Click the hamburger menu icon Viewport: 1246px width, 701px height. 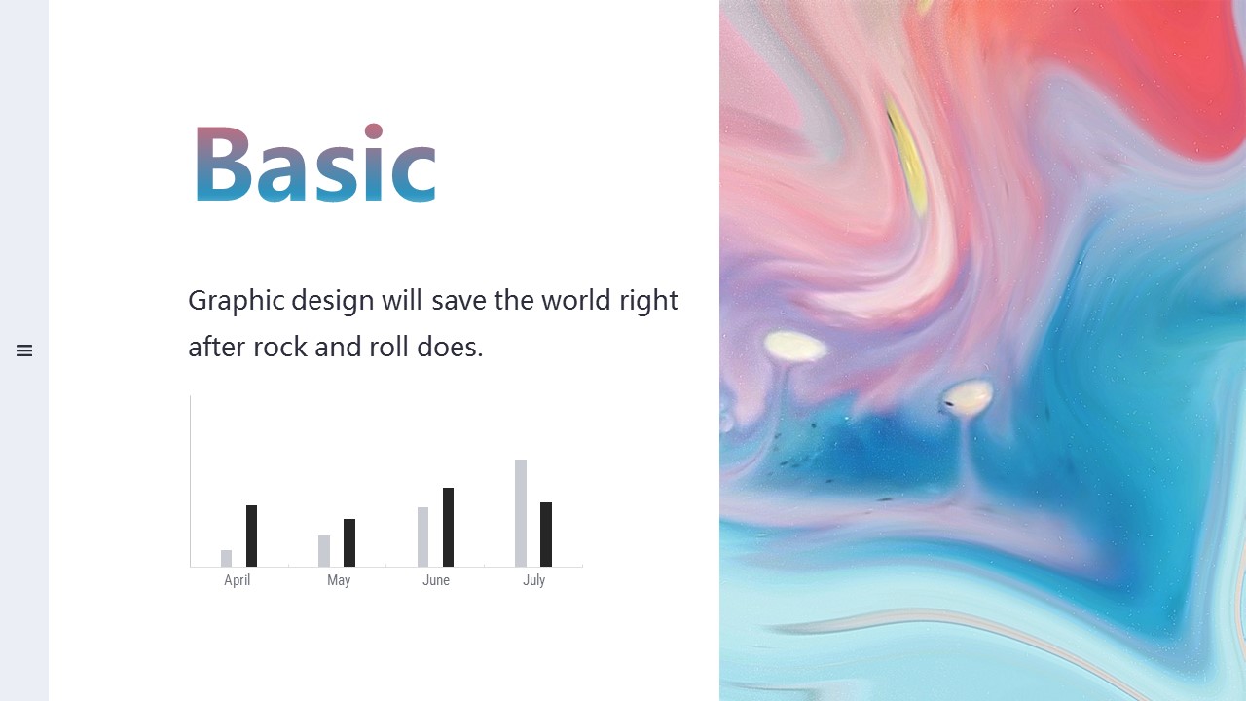[x=24, y=350]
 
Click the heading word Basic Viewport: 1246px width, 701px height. [x=314, y=163]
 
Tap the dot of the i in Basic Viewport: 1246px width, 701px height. [x=374, y=131]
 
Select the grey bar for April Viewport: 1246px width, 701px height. [x=227, y=558]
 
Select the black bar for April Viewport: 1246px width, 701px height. [x=251, y=535]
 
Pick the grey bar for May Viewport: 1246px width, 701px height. [x=324, y=551]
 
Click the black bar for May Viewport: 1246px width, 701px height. [x=349, y=542]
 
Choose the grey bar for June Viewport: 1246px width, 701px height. [x=422, y=536]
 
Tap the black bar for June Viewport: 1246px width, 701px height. [x=448, y=527]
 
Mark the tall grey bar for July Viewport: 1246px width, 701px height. [x=521, y=513]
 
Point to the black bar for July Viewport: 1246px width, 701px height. [x=546, y=535]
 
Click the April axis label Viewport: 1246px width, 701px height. [x=237, y=581]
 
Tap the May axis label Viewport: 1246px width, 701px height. [x=339, y=581]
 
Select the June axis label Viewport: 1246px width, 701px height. [x=436, y=580]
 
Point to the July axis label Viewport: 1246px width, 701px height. [x=534, y=581]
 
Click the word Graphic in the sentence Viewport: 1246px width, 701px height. [x=237, y=301]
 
